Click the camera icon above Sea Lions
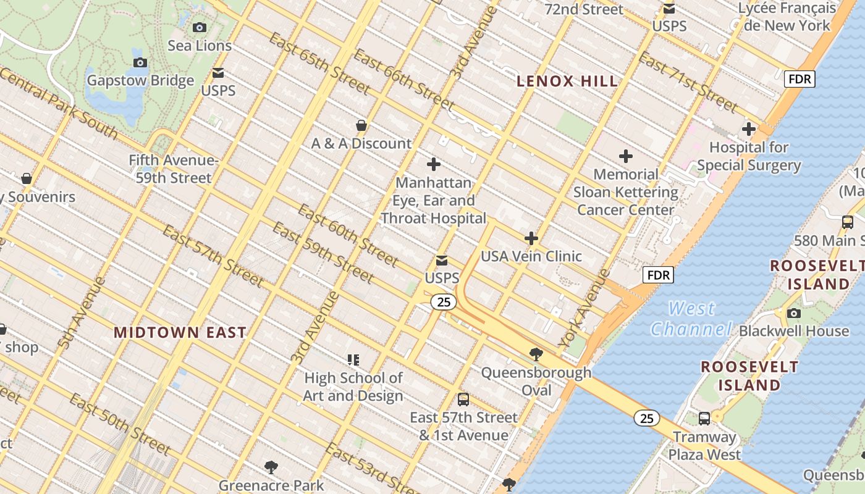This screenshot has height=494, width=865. coord(199,27)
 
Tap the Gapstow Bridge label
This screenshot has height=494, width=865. coord(140,81)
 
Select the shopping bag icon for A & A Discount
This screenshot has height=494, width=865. coord(361,125)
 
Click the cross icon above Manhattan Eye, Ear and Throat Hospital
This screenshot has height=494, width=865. coord(434,164)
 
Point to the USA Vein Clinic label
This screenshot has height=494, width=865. coord(531,256)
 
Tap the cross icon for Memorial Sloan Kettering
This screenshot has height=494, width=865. coord(626,156)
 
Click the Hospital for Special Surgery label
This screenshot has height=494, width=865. coord(749,156)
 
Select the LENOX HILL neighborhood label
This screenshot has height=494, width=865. coord(567,81)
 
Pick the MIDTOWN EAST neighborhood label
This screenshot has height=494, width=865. coord(180,332)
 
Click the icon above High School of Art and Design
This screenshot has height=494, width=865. coord(353,359)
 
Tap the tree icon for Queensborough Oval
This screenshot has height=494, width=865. coord(536,354)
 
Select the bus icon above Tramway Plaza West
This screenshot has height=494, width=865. coord(704,419)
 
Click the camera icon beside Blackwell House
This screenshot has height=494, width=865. coord(794,314)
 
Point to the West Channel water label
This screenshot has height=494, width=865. coord(691,318)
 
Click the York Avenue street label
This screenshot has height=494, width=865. coord(584,308)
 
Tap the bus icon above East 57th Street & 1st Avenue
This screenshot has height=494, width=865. coord(463,400)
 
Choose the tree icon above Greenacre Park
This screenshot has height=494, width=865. coord(271,467)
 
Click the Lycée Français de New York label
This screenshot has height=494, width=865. coord(787,17)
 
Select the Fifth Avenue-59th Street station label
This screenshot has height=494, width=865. coord(174,169)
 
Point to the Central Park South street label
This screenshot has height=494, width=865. coord(59,102)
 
